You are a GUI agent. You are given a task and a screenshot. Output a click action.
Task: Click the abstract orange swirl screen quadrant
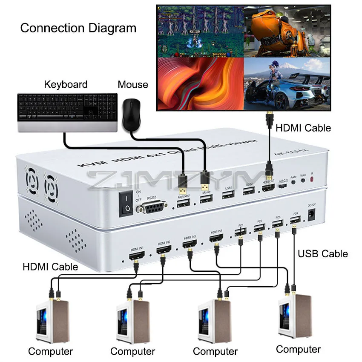pos(200,84)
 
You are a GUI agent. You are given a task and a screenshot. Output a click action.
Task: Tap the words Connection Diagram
pos(78,29)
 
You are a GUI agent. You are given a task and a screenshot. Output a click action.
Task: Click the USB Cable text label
pos(322,254)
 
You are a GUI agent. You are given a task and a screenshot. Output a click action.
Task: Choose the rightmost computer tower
pos(295,316)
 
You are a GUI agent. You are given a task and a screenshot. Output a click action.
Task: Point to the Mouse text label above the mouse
pos(133,85)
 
